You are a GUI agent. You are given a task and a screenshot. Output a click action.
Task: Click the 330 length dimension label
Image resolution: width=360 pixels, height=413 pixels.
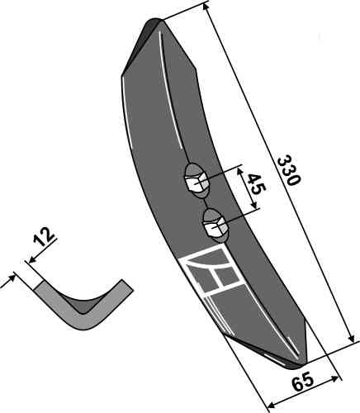[x=288, y=171]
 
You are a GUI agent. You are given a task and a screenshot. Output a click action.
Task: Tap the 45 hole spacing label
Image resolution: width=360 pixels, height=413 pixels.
[x=256, y=184]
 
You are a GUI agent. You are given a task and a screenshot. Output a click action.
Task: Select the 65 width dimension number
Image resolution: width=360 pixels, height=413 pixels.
[x=302, y=382]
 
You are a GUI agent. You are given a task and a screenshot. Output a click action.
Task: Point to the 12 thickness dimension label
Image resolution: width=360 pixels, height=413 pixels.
[x=44, y=237]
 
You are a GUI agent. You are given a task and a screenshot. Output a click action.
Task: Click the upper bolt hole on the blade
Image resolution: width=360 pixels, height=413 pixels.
[x=196, y=181]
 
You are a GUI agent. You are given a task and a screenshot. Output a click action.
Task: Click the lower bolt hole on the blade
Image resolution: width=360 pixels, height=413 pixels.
[x=216, y=225]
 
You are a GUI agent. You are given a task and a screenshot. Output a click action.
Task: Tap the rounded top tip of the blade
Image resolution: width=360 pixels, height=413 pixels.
[x=154, y=21]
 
